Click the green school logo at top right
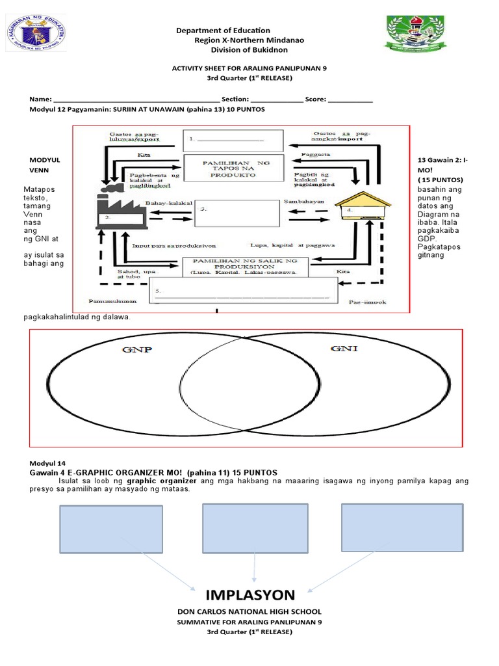click(x=416, y=34)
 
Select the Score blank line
click(x=350, y=99)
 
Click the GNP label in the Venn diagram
click(x=137, y=350)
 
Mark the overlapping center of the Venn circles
click(x=249, y=388)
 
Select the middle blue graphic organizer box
click(x=255, y=527)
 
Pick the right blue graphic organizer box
click(x=402, y=526)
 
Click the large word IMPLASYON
click(x=250, y=594)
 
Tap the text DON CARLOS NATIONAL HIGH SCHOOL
click(x=249, y=612)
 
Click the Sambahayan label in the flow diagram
click(x=301, y=202)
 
